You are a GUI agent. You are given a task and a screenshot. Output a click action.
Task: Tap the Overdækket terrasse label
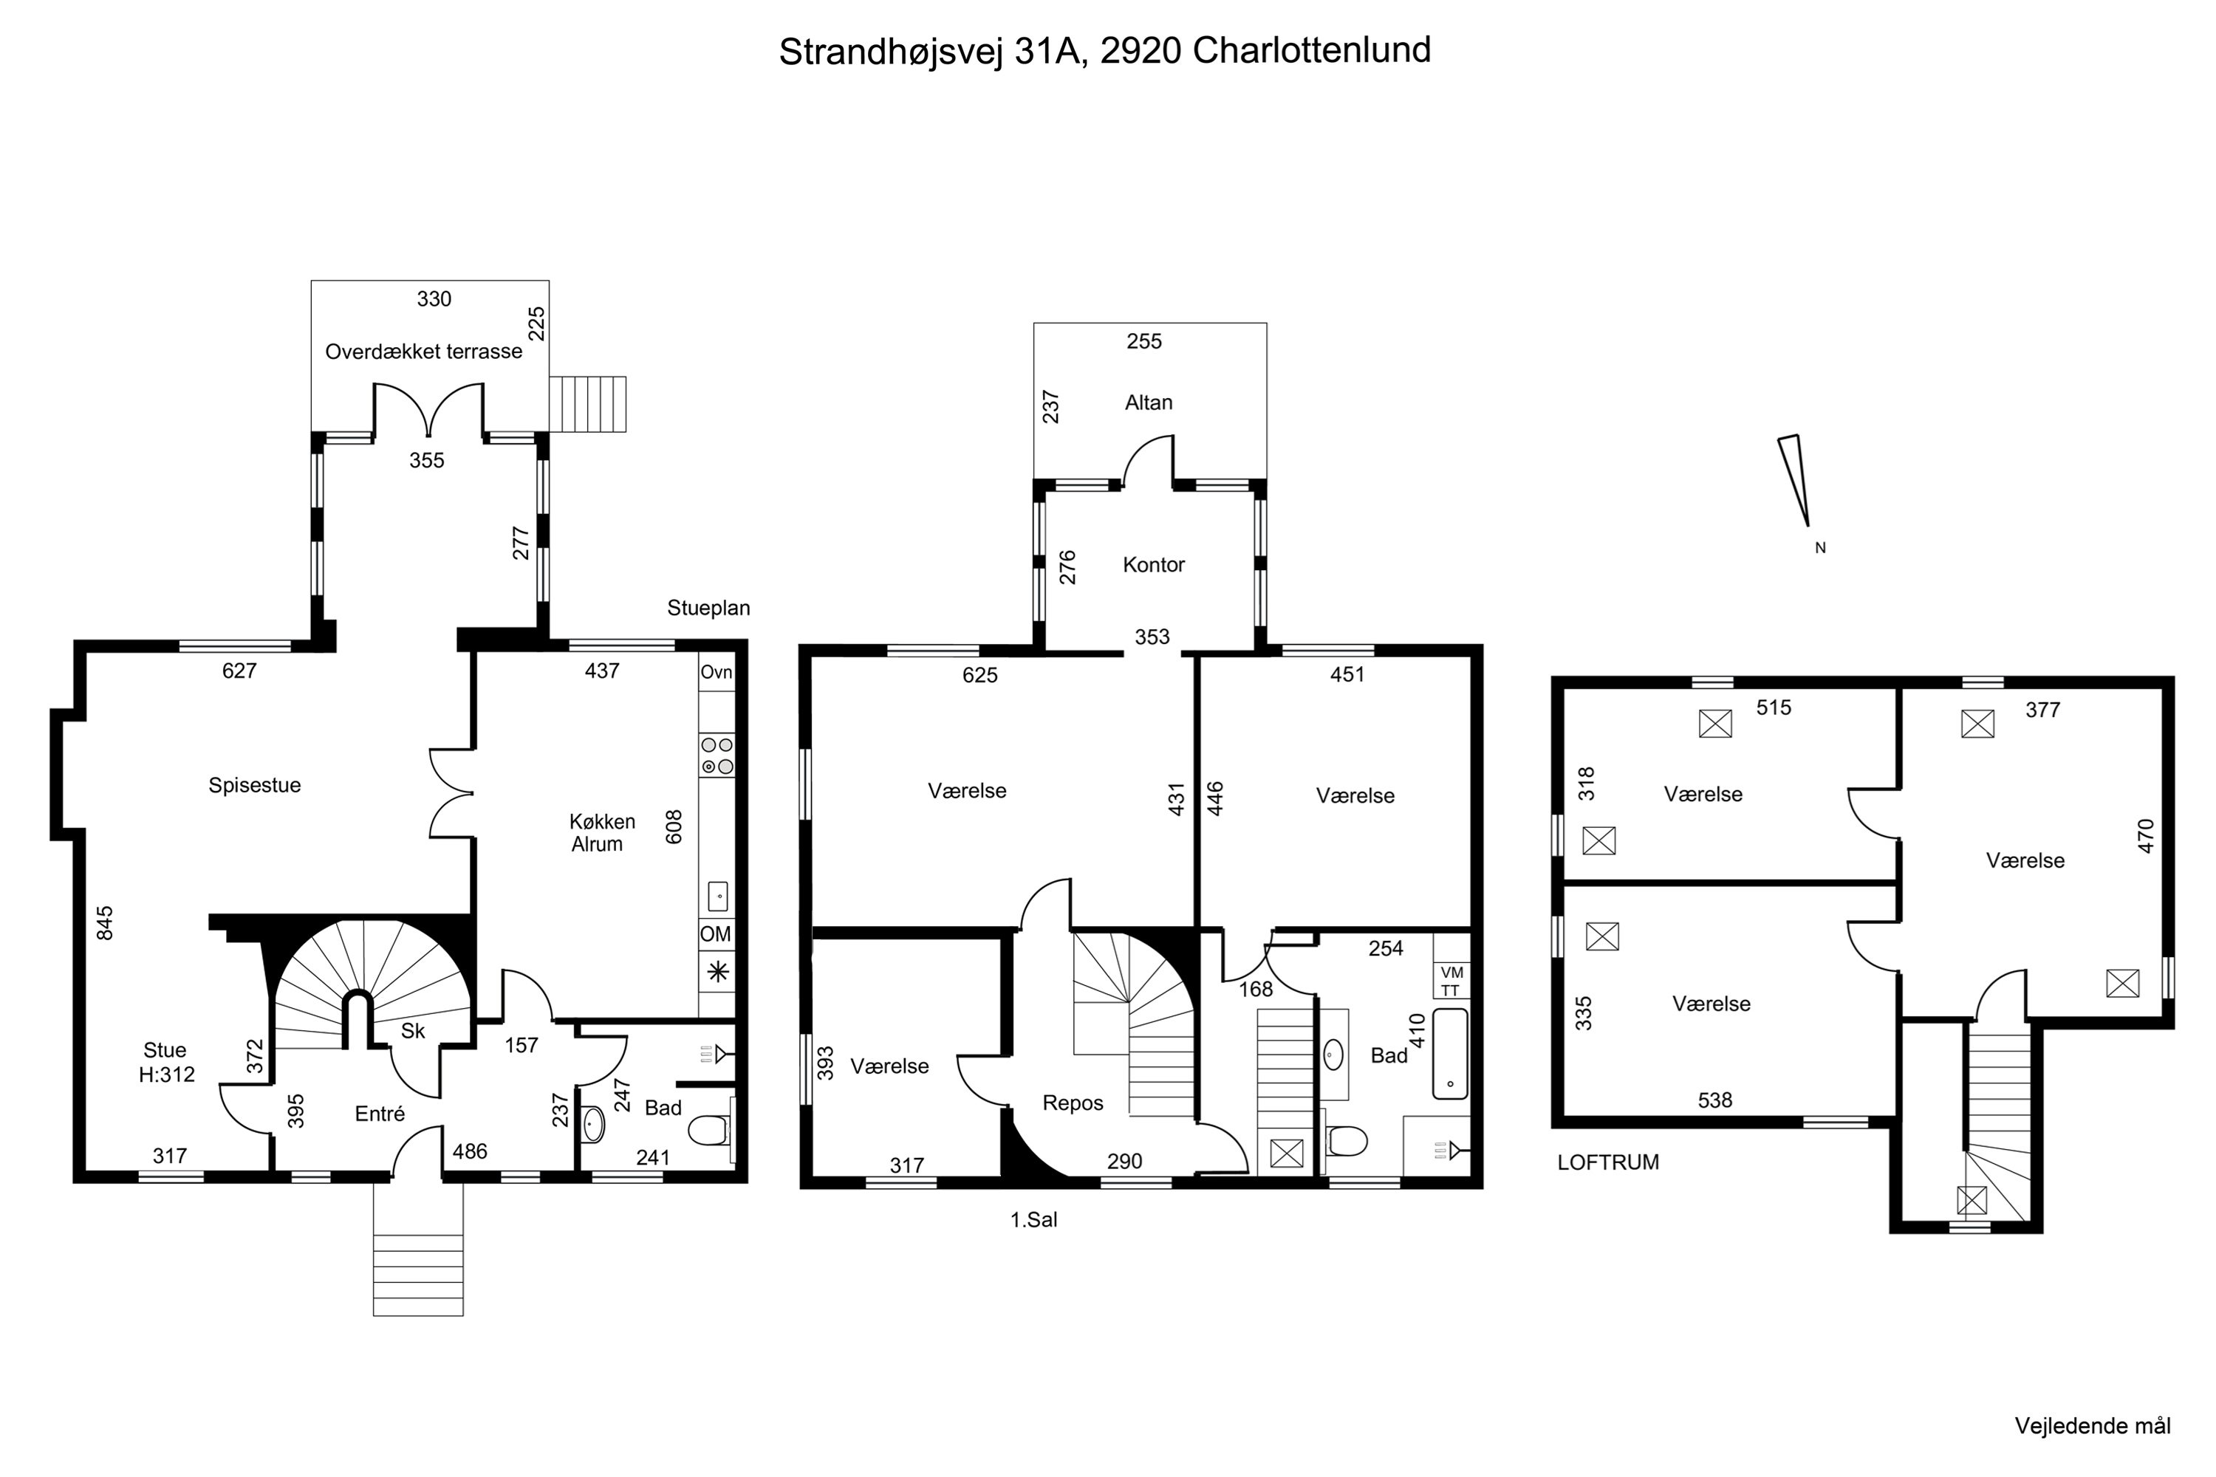(x=423, y=352)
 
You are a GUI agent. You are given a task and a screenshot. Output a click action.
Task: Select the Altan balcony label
(x=1149, y=402)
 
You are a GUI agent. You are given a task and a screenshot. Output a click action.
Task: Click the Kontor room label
(x=1153, y=564)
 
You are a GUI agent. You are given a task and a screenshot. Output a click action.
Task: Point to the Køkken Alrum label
(x=601, y=833)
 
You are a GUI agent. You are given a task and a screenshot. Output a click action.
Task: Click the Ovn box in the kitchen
(x=716, y=673)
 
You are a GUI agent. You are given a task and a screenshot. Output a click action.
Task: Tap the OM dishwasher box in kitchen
(x=715, y=934)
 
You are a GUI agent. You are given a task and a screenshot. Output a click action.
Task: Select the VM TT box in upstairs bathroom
(x=1451, y=981)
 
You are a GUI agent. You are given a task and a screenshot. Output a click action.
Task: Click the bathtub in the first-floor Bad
(x=1450, y=1054)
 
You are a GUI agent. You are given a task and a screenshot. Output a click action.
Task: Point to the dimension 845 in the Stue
(x=105, y=922)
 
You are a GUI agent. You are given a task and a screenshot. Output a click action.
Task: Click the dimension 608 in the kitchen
(x=674, y=826)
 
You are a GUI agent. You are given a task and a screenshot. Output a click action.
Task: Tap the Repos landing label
(x=1073, y=1103)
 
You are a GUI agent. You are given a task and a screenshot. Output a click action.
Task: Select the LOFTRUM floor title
(x=1607, y=1162)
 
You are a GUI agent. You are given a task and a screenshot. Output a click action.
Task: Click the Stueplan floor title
(x=708, y=608)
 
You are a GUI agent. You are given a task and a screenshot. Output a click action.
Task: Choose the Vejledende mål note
(x=2093, y=1426)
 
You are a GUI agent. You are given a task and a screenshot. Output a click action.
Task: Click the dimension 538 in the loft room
(x=1714, y=1100)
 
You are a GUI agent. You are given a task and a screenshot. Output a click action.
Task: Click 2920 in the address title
(x=1140, y=50)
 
